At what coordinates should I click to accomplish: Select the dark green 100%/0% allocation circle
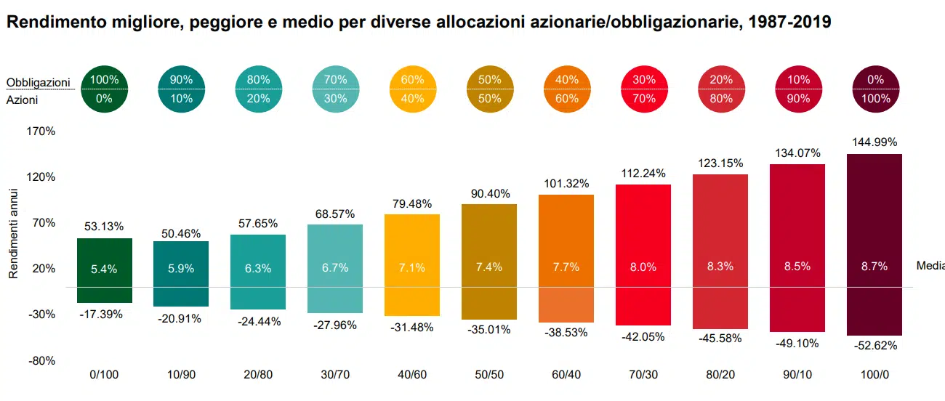coord(104,89)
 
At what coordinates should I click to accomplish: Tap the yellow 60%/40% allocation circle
coord(412,89)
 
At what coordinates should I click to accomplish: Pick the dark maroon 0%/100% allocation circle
coord(875,89)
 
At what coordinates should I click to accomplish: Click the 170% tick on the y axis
coord(41,131)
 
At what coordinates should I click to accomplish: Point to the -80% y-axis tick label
coord(41,361)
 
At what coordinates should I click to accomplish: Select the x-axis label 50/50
coord(489,375)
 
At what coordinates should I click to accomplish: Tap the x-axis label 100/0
coord(874,375)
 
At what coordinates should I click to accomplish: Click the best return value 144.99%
coord(874,142)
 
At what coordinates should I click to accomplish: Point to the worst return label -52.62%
coord(874,346)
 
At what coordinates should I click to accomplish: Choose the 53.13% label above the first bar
coord(104,227)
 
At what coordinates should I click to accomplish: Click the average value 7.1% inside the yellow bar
coord(412,267)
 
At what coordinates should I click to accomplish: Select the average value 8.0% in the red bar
coord(643,267)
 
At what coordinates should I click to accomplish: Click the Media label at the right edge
coord(930,266)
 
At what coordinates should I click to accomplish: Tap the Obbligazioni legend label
coord(38,82)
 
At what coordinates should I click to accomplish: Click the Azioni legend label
coord(23,100)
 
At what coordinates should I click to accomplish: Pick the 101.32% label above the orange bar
coord(566,183)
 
